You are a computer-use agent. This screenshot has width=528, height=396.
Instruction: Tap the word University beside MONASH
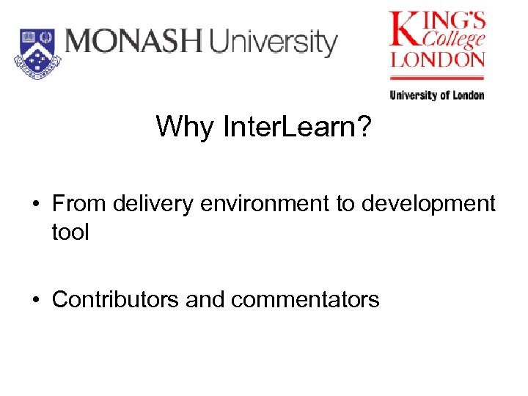273,43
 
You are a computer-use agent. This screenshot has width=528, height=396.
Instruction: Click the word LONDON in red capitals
438,59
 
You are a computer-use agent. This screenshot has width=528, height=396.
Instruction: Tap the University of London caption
437,95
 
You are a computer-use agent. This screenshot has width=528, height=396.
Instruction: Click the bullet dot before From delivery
37,203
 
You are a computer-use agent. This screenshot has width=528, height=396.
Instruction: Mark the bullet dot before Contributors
37,300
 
